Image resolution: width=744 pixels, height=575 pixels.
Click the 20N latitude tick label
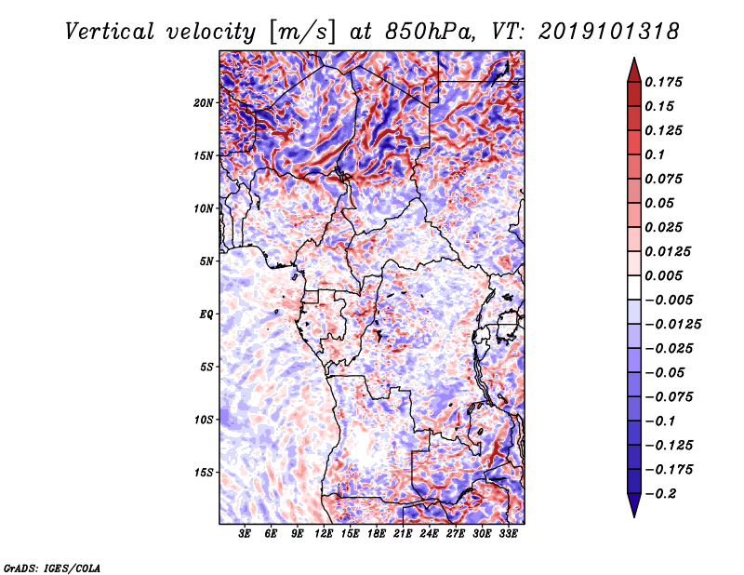tap(204, 102)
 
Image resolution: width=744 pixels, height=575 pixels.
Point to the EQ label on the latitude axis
tap(206, 314)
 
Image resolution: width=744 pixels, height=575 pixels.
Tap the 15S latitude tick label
tap(204, 473)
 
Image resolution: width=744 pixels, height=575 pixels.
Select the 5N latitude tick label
tap(206, 261)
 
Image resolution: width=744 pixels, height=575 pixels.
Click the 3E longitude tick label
tap(246, 536)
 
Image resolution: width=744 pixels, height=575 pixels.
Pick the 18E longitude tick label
tap(376, 536)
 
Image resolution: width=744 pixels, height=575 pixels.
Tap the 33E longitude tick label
tap(507, 536)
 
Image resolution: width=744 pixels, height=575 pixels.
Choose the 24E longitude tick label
tap(429, 536)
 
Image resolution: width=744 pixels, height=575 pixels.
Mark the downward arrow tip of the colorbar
tap(632, 515)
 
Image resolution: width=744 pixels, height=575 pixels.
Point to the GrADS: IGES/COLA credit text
tap(51, 568)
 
